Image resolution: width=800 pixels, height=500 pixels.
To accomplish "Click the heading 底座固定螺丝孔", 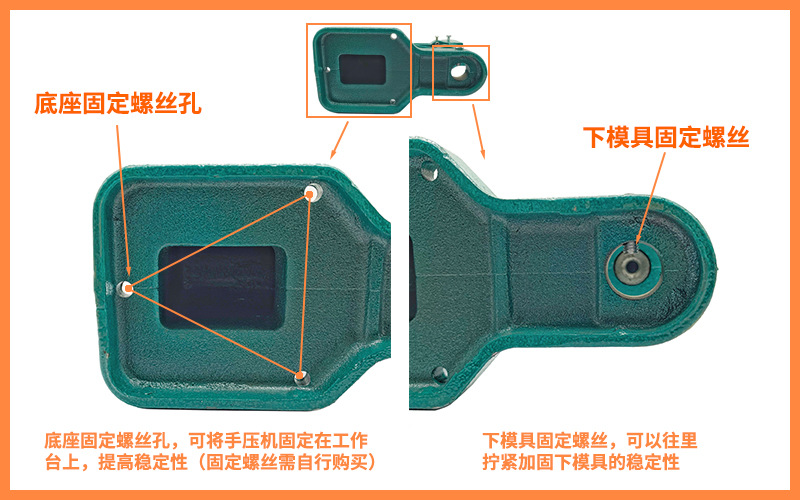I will [117, 103].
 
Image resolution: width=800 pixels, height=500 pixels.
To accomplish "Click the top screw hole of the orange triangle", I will [314, 190].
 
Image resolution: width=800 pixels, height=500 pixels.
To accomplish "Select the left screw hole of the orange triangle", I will [126, 288].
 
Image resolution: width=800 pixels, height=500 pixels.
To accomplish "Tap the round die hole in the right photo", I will [630, 267].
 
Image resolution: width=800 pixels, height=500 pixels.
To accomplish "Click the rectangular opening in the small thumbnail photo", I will [362, 68].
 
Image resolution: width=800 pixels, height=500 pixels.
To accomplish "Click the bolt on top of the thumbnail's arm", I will [446, 40].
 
